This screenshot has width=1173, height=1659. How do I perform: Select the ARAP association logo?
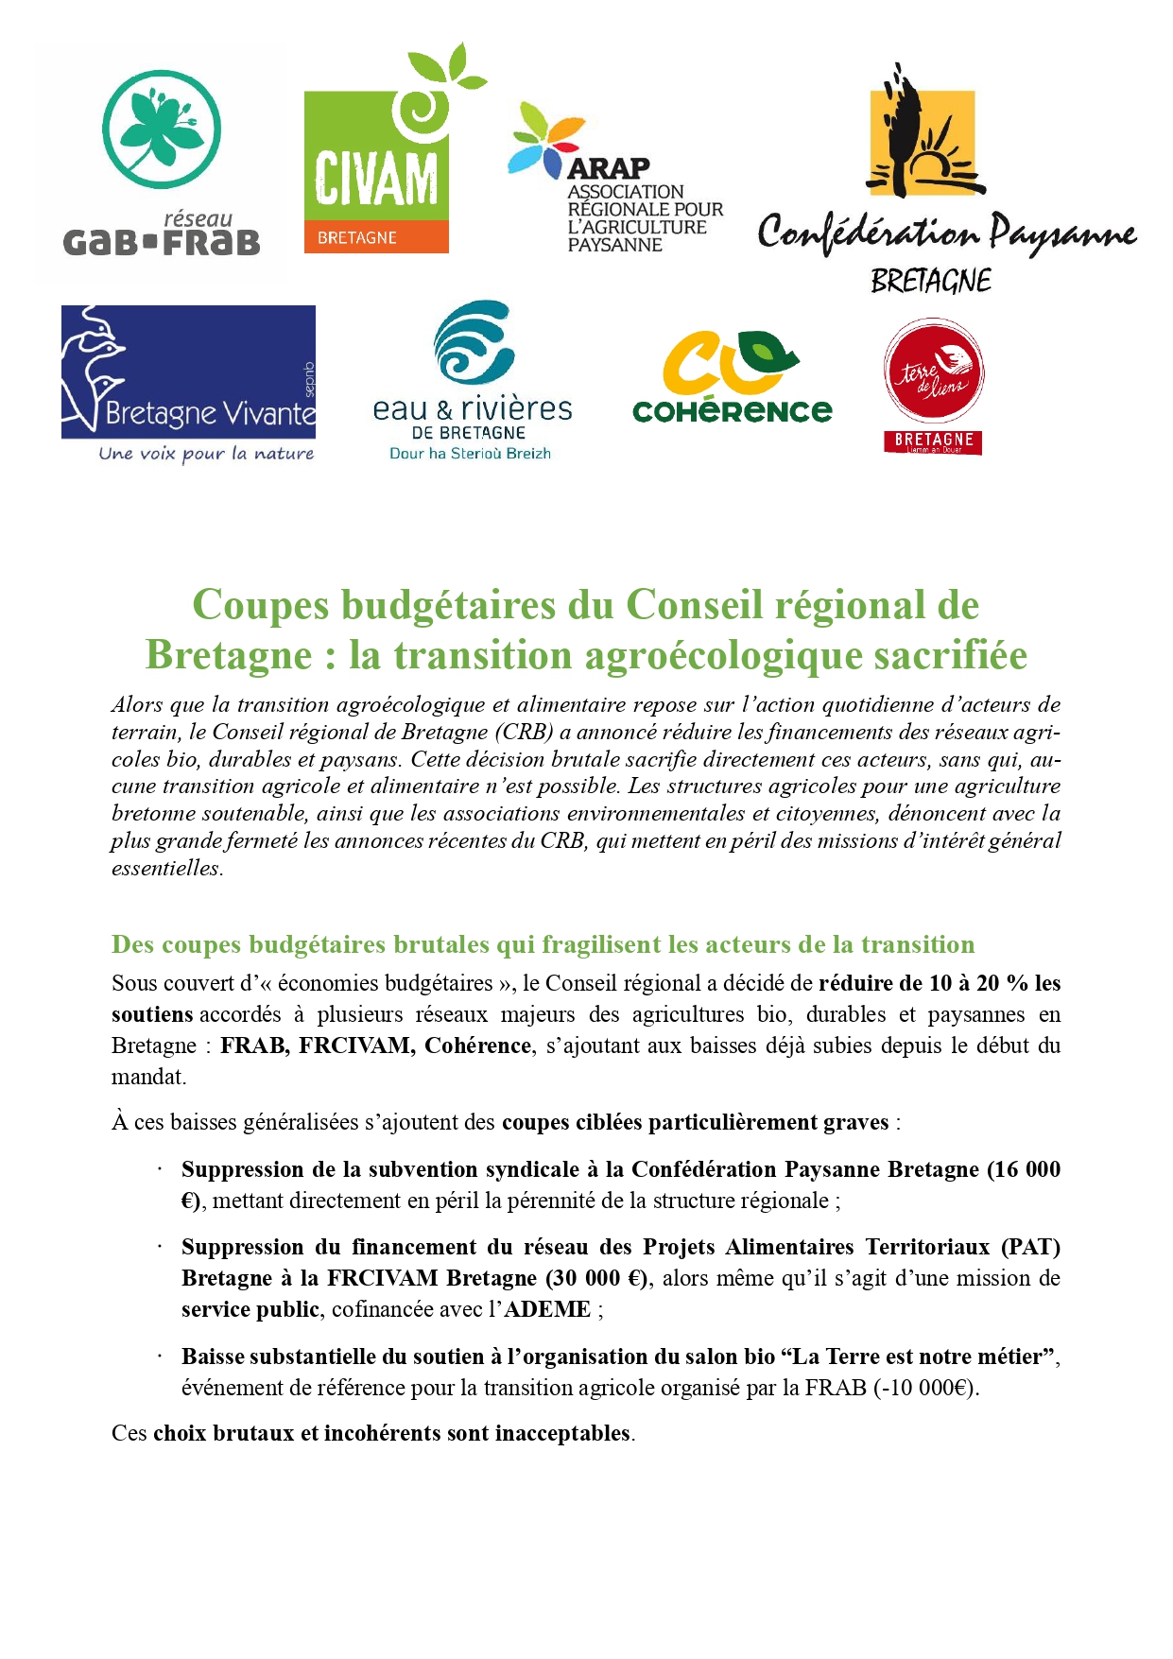click(614, 180)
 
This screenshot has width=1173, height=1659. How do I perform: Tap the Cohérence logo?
click(732, 377)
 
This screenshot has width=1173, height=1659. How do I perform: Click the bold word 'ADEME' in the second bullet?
click(547, 1309)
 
